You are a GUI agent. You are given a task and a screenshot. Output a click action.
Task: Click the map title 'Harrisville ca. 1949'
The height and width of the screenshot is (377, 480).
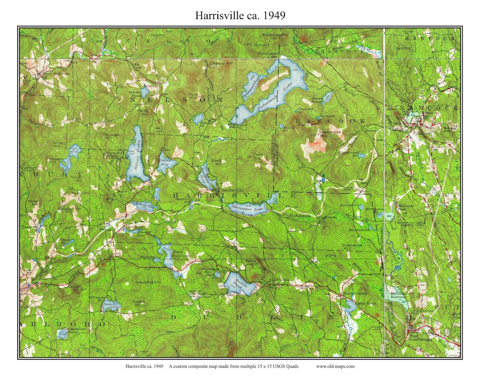240,16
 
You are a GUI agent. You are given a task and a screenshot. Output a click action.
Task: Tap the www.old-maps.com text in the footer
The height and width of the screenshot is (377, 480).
335,366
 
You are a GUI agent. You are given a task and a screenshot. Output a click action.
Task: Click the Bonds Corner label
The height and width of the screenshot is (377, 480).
353,294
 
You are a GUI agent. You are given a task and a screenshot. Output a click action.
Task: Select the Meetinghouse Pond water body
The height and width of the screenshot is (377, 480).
62,334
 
